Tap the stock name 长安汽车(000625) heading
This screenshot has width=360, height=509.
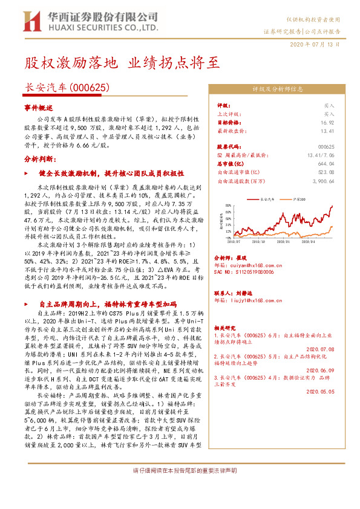(67, 88)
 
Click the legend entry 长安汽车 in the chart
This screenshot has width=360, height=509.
(267, 198)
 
